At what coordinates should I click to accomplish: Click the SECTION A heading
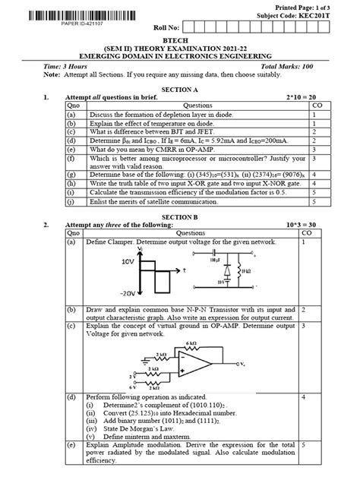point(181,88)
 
